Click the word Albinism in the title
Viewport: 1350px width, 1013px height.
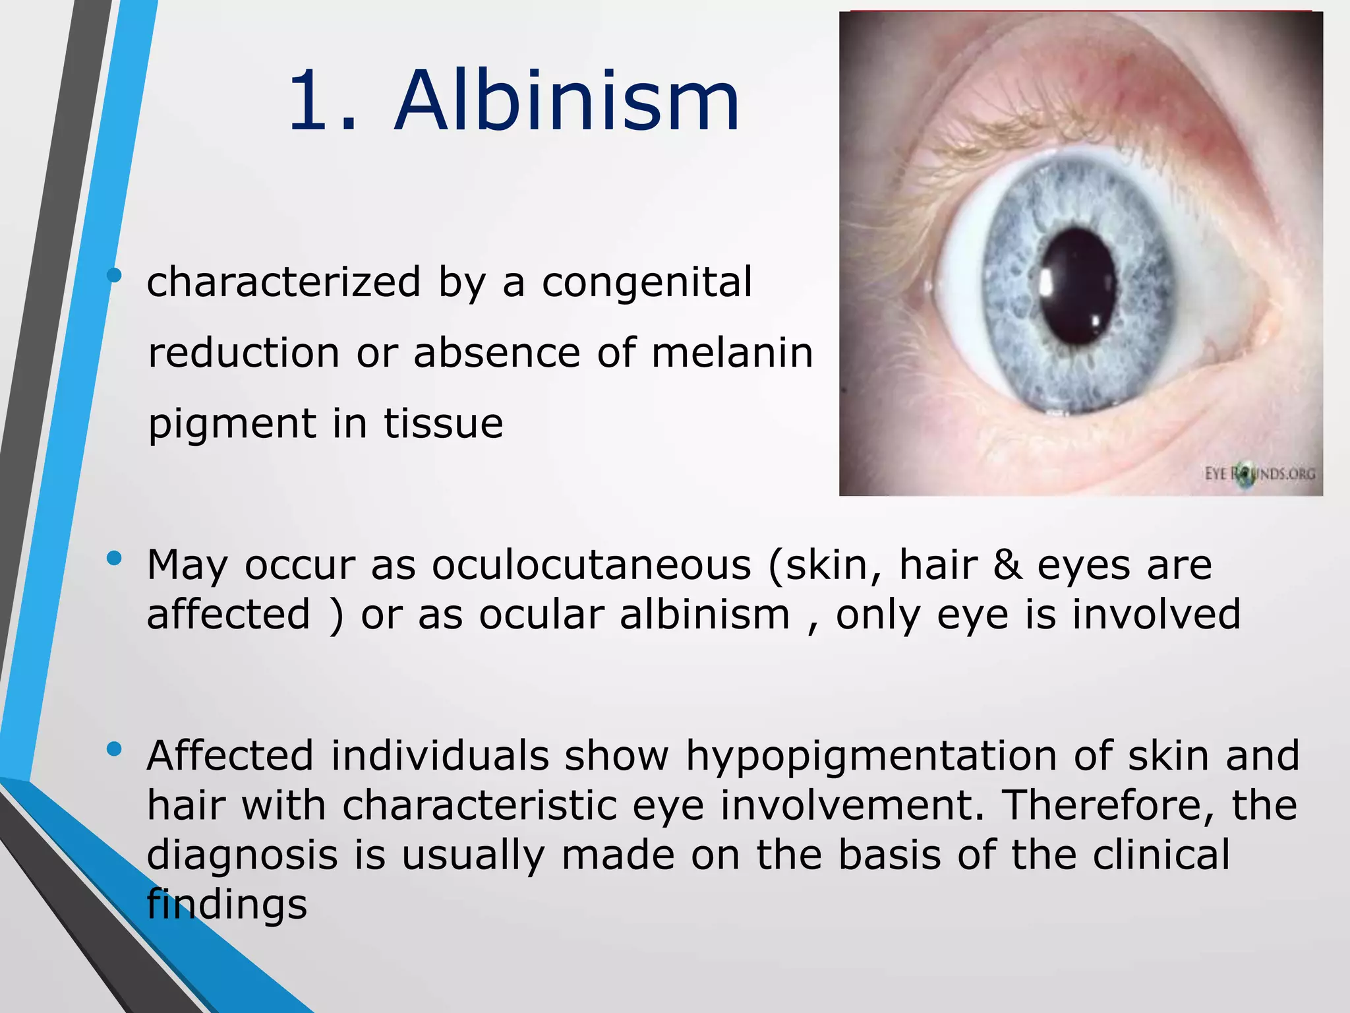(x=567, y=102)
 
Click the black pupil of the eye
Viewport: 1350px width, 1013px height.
(x=1078, y=287)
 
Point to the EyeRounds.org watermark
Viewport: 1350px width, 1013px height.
(x=1260, y=474)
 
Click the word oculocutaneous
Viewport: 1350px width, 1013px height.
(x=591, y=566)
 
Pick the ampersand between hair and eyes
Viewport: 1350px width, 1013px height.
(x=1007, y=566)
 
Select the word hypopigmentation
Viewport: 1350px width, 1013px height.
(x=871, y=756)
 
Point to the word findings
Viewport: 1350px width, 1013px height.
(x=227, y=904)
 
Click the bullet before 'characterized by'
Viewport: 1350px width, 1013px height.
(x=114, y=275)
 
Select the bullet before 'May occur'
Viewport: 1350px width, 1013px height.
(x=114, y=559)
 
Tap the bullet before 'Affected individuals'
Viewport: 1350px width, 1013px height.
(x=114, y=749)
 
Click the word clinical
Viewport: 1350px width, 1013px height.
(x=1161, y=855)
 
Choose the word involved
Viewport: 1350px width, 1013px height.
(x=1156, y=615)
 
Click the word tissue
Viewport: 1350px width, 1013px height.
(x=444, y=424)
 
